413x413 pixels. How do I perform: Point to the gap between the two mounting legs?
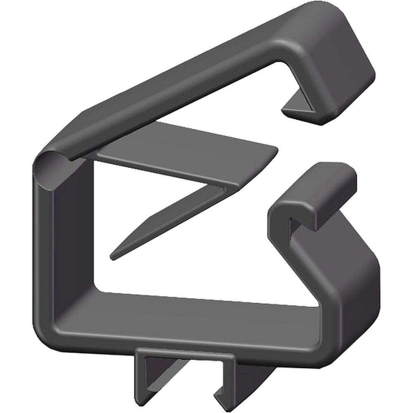[186, 380]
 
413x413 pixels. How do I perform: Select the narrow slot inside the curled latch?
[292, 227]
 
